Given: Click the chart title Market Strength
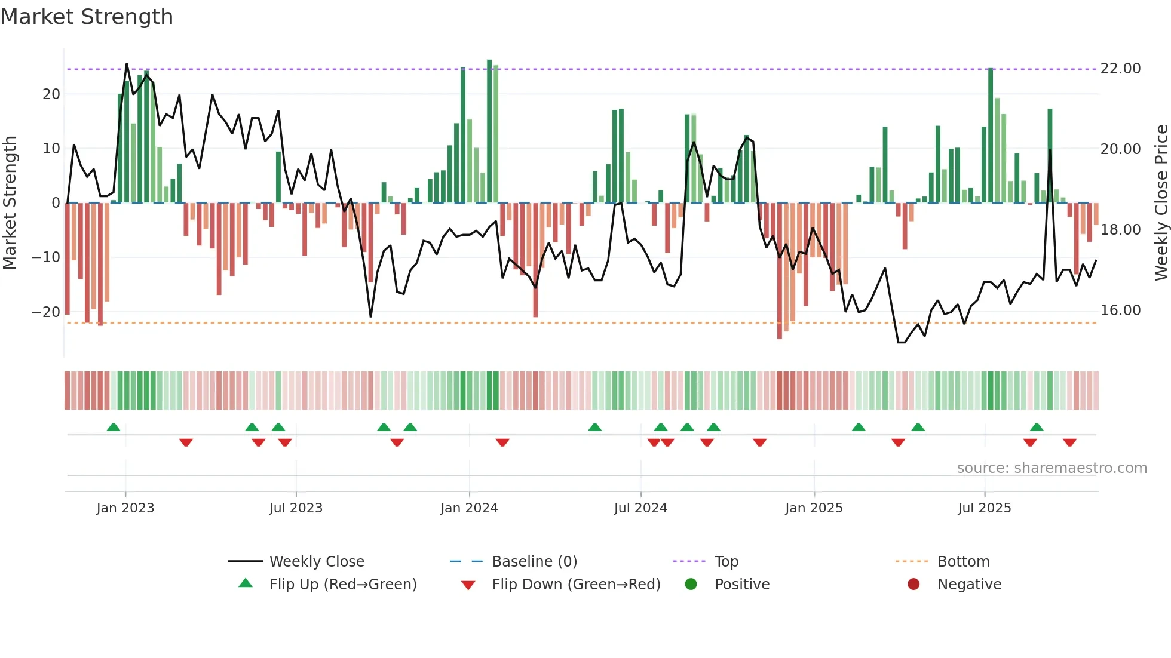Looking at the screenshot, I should point(87,17).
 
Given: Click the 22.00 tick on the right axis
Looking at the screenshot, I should point(1120,69).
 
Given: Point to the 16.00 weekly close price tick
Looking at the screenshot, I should point(1120,310).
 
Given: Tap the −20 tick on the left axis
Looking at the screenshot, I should point(45,312).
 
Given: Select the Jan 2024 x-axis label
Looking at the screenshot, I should point(469,508).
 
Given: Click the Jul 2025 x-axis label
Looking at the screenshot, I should point(984,508).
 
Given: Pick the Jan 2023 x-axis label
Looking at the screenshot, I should point(125,508).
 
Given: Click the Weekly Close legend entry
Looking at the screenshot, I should point(316,562).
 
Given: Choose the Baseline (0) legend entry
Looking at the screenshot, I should point(534,562).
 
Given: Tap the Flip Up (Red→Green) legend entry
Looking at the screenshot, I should point(342,585).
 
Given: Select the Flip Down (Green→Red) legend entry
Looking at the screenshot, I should point(576,585).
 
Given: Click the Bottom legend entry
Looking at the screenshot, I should point(963,562).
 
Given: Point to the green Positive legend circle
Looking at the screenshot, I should point(691,585).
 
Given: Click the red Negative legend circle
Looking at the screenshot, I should point(913,585).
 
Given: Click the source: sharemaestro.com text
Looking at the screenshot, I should point(1052,468).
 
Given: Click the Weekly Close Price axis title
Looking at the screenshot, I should point(1161,203).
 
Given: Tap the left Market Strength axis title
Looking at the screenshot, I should point(10,203).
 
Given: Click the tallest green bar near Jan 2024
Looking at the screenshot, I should point(489,131).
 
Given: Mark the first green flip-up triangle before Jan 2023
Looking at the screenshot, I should point(114,427).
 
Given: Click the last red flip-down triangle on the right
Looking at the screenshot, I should point(1069,442).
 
